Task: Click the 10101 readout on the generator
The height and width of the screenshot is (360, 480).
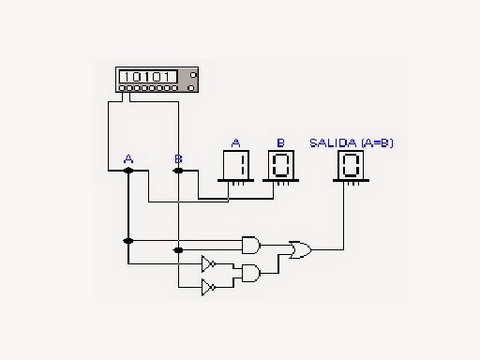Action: coord(146,75)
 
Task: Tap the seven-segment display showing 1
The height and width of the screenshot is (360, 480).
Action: coord(237,167)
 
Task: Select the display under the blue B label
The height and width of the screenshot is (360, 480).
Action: coord(280,167)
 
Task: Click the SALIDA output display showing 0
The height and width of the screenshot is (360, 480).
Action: coord(351,167)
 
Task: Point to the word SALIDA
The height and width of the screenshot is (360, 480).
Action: coord(328,142)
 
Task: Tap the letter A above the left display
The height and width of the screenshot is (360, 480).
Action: coord(236,142)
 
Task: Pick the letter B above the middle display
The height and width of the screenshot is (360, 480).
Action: coord(280,142)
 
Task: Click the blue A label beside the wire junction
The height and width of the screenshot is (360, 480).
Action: coord(128,159)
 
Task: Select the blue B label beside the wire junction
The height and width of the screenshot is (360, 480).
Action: coord(178,159)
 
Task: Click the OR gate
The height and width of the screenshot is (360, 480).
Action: coord(301,249)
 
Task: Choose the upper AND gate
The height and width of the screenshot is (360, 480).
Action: coord(251,245)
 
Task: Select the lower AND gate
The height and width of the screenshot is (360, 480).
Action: coord(251,273)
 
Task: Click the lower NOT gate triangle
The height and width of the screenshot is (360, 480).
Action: coord(208,286)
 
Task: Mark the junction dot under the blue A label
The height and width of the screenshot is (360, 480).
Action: coord(128,172)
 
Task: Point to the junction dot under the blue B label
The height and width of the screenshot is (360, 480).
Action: coord(178,172)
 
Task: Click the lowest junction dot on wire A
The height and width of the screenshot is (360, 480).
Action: coord(128,241)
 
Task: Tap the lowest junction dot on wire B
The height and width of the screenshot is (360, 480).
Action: coord(178,251)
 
